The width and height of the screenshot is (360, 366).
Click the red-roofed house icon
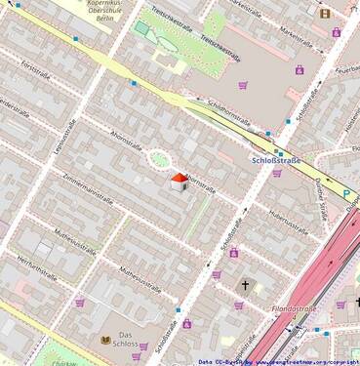click(x=180, y=182)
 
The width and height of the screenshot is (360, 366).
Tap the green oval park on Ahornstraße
click(x=158, y=158)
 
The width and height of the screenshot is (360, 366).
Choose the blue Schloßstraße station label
click(x=277, y=159)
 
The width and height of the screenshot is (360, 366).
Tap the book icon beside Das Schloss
click(x=107, y=340)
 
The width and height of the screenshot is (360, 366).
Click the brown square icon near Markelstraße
click(x=324, y=13)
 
